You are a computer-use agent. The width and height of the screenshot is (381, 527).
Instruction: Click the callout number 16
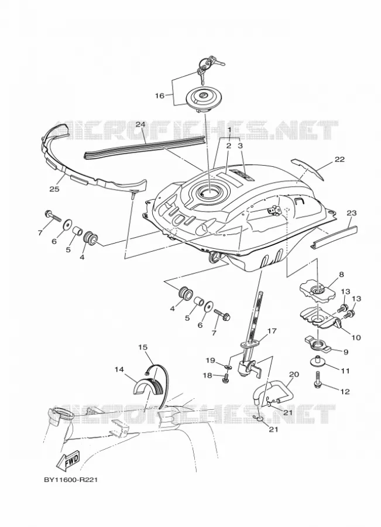point(159,96)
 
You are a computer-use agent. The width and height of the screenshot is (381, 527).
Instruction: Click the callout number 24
point(141,124)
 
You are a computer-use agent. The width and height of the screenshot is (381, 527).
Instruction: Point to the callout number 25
point(54,189)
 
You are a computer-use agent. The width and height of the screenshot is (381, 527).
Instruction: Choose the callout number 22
point(339,159)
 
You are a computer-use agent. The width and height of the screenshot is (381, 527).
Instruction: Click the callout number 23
point(351,213)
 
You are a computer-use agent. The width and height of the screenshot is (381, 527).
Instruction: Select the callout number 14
point(119,369)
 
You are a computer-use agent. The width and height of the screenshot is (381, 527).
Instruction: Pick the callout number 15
point(143,347)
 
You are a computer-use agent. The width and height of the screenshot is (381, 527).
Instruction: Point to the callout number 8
point(341,274)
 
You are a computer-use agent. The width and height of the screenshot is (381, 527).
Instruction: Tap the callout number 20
point(294,374)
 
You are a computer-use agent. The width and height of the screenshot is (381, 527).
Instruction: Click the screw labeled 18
point(225,379)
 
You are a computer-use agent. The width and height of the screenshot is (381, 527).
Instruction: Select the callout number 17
point(272,331)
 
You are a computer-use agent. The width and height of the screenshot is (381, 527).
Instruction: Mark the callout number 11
point(345,371)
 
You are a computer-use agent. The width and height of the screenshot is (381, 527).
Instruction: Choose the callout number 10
point(356,337)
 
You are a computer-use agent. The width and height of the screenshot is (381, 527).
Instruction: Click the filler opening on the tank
point(208,192)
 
